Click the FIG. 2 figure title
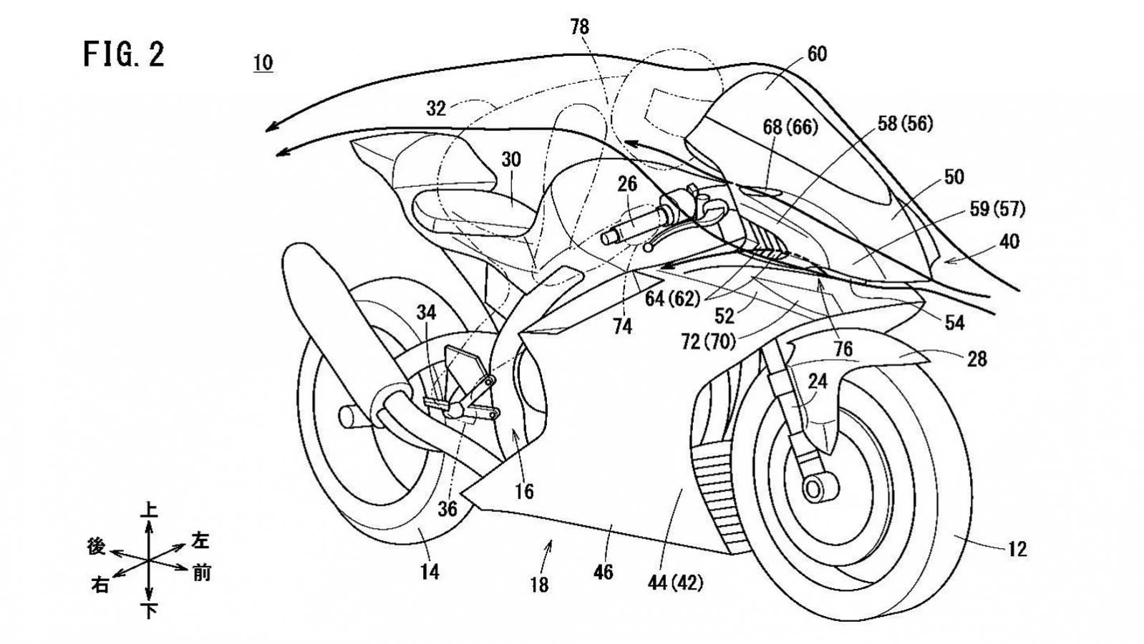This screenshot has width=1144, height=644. [x=124, y=55]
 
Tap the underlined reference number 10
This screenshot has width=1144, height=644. [x=263, y=63]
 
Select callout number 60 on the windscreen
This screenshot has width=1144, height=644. [x=816, y=54]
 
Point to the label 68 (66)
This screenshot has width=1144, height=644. [x=790, y=127]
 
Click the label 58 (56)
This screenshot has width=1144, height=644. [x=905, y=124]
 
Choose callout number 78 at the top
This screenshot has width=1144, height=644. [x=579, y=27]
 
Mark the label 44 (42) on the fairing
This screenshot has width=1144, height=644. [x=675, y=583]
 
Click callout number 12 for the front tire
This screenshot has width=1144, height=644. [x=1017, y=549]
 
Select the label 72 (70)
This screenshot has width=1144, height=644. [x=708, y=342]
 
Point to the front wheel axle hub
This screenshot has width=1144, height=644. [x=813, y=489]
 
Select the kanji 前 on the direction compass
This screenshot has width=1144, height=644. [x=202, y=573]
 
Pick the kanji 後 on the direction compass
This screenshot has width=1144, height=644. [x=97, y=547]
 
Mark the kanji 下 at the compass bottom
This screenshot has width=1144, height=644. [x=149, y=610]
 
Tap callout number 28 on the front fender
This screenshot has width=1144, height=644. [x=976, y=358]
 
